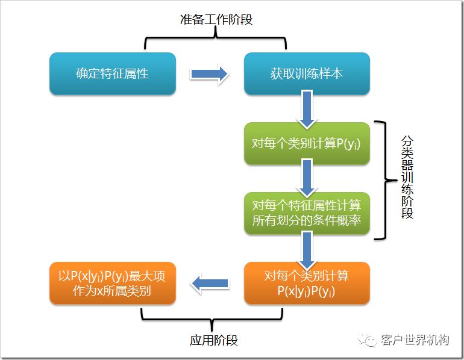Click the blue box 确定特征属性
(x=112, y=73)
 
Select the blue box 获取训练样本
(x=307, y=73)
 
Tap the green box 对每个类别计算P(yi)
(x=307, y=144)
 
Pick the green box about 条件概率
(x=307, y=213)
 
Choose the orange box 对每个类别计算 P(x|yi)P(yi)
(x=307, y=284)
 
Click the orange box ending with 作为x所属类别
(x=112, y=284)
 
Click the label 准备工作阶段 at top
(x=216, y=19)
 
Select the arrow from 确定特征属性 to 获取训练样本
(x=210, y=74)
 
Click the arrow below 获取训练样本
(x=307, y=109)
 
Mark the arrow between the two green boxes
(x=307, y=178)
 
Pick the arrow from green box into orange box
(x=307, y=248)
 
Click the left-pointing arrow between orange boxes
(x=210, y=283)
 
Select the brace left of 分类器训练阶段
(x=381, y=179)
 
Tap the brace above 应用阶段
(x=212, y=317)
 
